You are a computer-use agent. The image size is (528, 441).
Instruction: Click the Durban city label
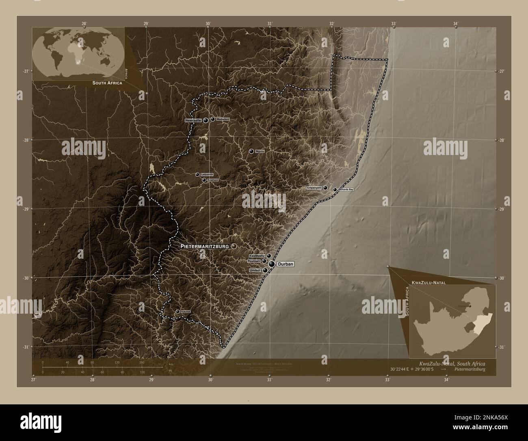pos(285,264)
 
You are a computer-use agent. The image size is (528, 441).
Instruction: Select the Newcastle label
pos(193,120)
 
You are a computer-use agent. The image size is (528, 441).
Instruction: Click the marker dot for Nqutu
pos(251,151)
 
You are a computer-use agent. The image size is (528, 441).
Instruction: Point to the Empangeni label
pos(314,188)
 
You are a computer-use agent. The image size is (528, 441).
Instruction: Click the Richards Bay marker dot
pos(335,190)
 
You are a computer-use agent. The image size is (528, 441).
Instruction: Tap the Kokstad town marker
pos(177,312)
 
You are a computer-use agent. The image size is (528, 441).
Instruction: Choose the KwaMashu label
pos(258,255)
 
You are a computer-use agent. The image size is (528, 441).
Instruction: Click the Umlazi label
pos(255,270)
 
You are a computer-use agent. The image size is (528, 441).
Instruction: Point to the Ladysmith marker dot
pos(197,175)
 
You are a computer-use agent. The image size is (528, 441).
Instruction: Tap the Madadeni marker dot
pos(212,119)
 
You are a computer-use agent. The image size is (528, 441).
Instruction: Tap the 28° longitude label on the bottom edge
pos(93,380)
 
